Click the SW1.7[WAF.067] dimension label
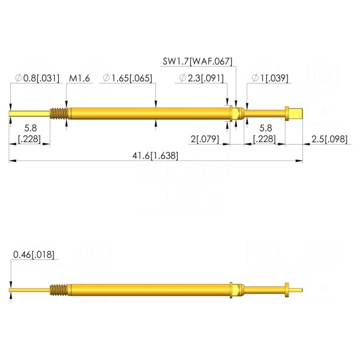(197, 61)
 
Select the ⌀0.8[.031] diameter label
(37, 78)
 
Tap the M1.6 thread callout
(79, 78)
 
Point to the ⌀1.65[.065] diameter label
(127, 78)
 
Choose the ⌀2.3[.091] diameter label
(201, 78)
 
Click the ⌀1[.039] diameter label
(270, 78)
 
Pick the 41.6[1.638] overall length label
(155, 155)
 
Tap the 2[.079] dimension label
(205, 139)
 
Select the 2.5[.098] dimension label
(329, 139)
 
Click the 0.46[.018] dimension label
(34, 254)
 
